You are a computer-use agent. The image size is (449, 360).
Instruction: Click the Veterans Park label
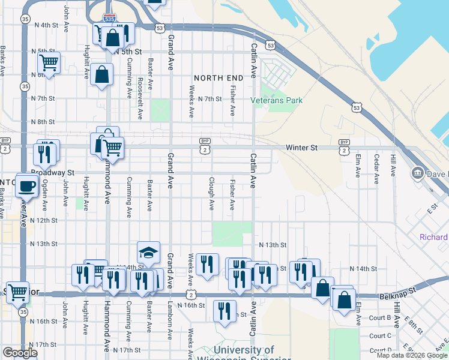[277, 101]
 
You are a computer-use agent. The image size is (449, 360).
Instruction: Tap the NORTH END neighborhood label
[218, 78]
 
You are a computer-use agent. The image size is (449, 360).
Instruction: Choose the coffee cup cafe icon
[26, 185]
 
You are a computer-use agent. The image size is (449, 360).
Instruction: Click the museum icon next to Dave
[417, 174]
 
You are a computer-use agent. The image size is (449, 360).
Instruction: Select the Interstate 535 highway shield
[109, 19]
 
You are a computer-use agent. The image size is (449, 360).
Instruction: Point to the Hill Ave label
[393, 165]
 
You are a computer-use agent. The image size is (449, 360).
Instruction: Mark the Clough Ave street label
[211, 193]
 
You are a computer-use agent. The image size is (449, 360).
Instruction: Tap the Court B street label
[381, 318]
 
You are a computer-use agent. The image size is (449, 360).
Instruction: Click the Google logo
[20, 353]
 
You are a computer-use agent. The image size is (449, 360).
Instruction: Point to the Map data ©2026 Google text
[412, 355]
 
